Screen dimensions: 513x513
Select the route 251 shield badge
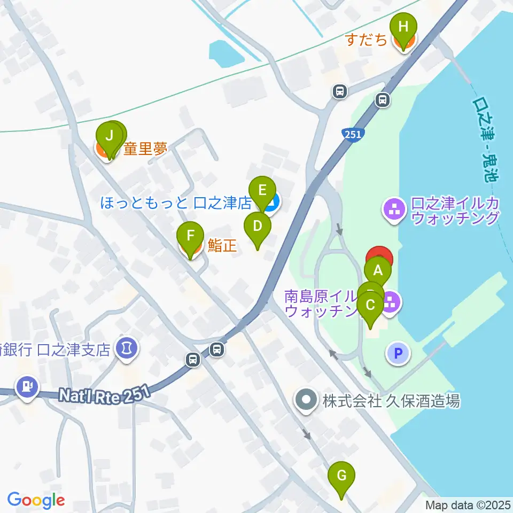(x=353, y=135)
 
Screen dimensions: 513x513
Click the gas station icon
(x=27, y=386)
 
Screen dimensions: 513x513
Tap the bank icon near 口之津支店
(x=127, y=349)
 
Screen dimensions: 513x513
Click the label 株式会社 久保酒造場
(x=390, y=400)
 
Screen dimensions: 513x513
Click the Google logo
(x=36, y=500)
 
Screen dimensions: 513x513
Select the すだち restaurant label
(x=366, y=40)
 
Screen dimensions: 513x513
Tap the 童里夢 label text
(x=145, y=149)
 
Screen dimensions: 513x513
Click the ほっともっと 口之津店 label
(x=176, y=203)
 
